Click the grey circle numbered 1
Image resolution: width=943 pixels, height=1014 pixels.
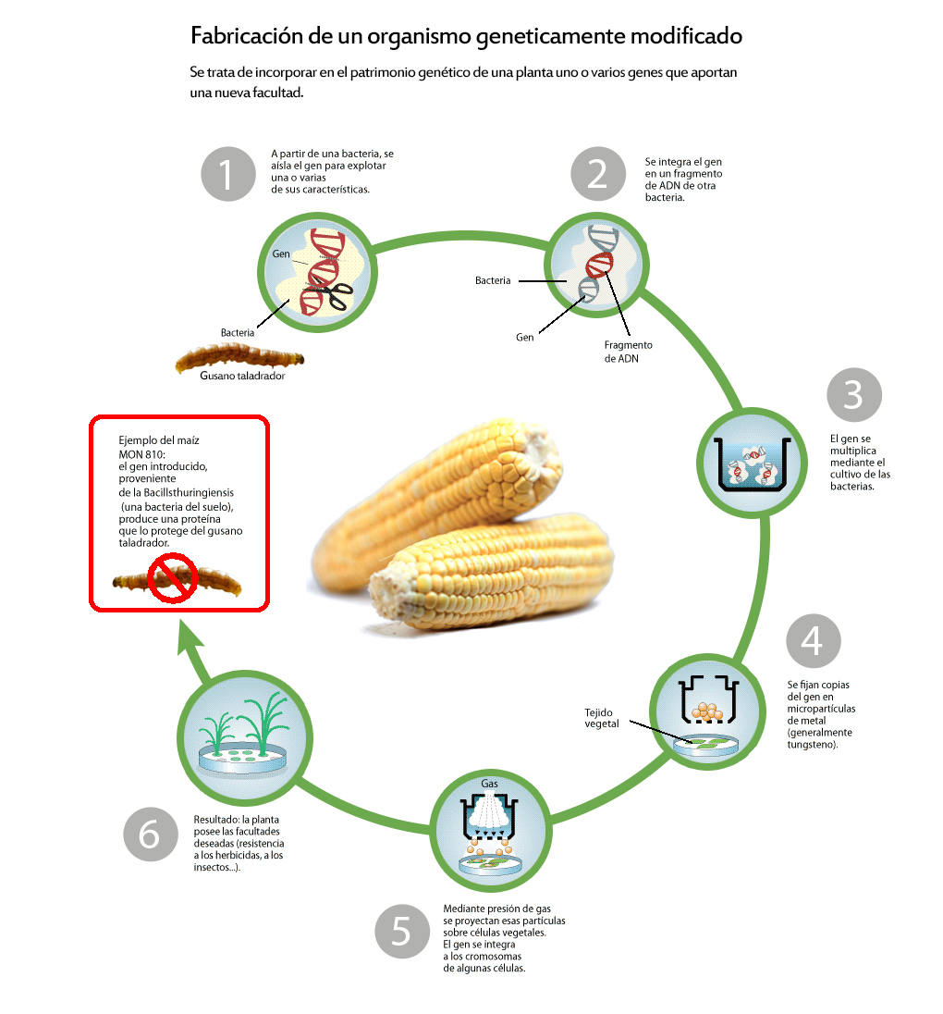coord(228,173)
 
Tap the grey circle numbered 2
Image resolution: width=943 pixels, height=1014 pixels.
coord(598,173)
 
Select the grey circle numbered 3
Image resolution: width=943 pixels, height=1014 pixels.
coord(854,395)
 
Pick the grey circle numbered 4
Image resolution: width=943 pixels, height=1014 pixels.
coord(814,640)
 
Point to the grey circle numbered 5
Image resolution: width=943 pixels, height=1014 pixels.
coord(402,930)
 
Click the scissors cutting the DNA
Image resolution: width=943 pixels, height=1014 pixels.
coord(333,294)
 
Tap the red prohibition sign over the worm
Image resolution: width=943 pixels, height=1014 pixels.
coord(176,578)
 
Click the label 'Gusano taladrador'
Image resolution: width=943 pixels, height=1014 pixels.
coord(242,377)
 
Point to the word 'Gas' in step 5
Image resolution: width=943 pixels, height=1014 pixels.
coord(490,783)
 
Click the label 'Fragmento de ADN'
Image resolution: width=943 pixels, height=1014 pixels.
coord(629,352)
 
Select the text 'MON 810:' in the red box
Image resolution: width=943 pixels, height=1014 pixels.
coord(141,453)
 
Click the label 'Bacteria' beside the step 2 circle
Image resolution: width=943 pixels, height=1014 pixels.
coord(493,280)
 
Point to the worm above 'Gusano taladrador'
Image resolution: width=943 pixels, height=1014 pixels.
coord(239,357)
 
